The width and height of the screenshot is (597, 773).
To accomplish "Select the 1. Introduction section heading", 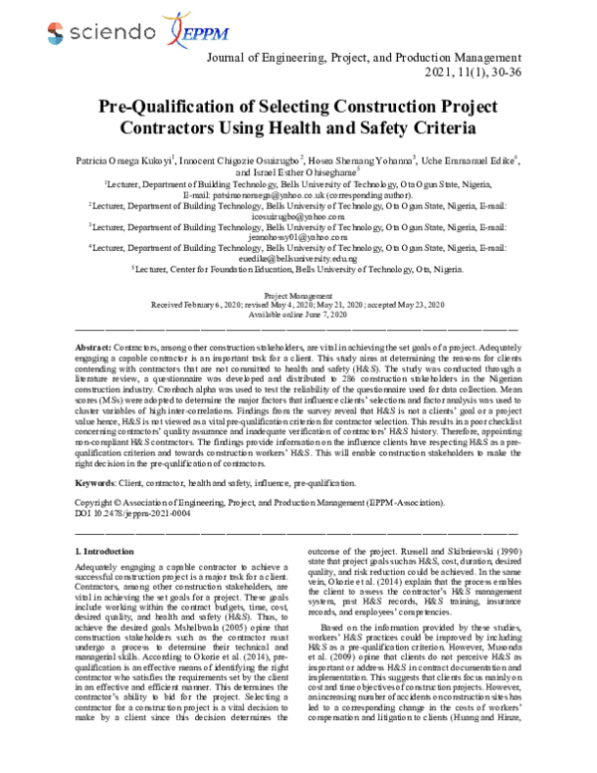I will click(x=106, y=550).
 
